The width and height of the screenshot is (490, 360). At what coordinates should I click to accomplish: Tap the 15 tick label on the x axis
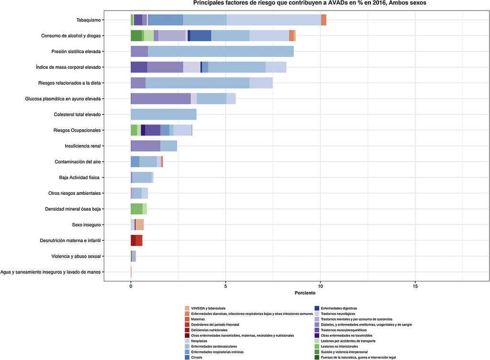pyautogui.click(x=415, y=285)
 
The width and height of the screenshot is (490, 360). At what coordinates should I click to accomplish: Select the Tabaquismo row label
pyautogui.click(x=89, y=20)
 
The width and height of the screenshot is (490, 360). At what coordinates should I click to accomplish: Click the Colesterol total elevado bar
pyautogui.click(x=164, y=114)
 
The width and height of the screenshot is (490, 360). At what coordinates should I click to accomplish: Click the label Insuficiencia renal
pyautogui.click(x=82, y=146)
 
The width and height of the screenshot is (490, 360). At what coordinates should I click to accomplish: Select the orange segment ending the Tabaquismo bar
pyautogui.click(x=323, y=20)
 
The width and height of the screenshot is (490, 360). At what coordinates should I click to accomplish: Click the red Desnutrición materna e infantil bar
pyautogui.click(x=136, y=240)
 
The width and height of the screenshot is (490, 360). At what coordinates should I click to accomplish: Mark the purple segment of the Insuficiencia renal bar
pyautogui.click(x=145, y=146)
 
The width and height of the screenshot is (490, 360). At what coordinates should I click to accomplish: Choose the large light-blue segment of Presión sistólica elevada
pyautogui.click(x=221, y=51)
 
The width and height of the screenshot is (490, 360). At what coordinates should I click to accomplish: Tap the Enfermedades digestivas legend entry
pyautogui.click(x=339, y=308)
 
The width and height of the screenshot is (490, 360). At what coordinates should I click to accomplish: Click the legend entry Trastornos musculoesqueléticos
pyautogui.click(x=344, y=330)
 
